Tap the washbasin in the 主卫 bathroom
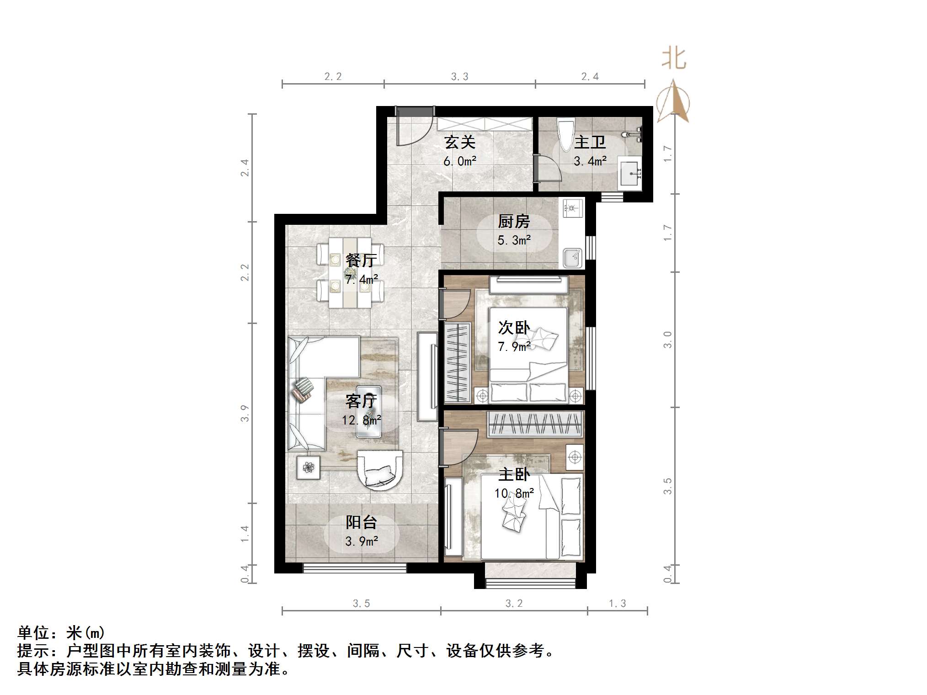click(x=630, y=173)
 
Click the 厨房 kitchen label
click(x=514, y=222)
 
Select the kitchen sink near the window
click(x=572, y=258)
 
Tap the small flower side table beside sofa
click(x=309, y=467)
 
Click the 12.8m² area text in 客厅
click(x=361, y=420)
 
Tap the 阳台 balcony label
click(x=361, y=522)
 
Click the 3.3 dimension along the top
click(x=459, y=77)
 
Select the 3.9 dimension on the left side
click(x=245, y=413)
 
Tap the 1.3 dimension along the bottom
click(x=617, y=604)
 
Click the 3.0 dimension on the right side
click(x=668, y=340)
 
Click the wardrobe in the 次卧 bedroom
click(x=458, y=363)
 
